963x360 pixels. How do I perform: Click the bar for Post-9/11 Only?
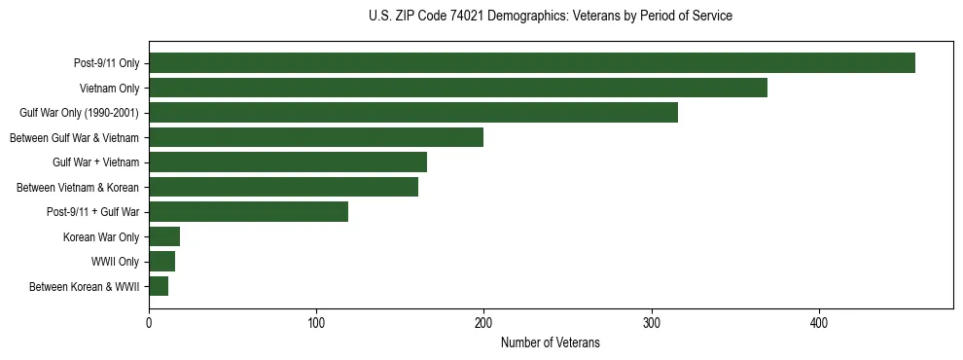531,63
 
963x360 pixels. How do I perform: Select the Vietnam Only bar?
457,88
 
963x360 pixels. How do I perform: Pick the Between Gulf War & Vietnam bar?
315,137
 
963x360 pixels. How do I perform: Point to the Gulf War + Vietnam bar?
287,162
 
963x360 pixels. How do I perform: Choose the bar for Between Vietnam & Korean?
283,187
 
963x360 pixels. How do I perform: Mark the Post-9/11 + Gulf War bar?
248,212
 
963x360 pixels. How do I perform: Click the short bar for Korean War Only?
164,236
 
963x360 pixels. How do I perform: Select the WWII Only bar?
161,262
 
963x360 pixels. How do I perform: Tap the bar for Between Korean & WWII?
159,286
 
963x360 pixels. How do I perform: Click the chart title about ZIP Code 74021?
551,17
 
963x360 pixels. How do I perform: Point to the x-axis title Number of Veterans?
550,343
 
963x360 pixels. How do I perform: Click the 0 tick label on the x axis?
149,323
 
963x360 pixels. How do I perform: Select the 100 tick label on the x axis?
316,323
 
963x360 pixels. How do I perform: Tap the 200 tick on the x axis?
483,323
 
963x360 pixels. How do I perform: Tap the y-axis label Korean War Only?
101,237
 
